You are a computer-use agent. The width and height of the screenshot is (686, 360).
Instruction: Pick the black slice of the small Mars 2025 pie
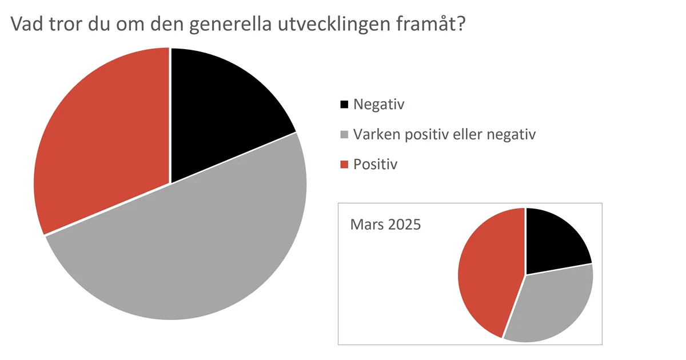(552, 240)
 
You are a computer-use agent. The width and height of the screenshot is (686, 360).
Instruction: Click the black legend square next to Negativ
(344, 105)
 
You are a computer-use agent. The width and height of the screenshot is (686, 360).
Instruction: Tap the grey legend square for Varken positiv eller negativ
(344, 135)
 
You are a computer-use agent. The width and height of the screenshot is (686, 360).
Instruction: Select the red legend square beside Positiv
(344, 165)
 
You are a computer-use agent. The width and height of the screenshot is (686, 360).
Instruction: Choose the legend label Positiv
(375, 165)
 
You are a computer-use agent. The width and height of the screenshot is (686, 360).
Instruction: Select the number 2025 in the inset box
(404, 224)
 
